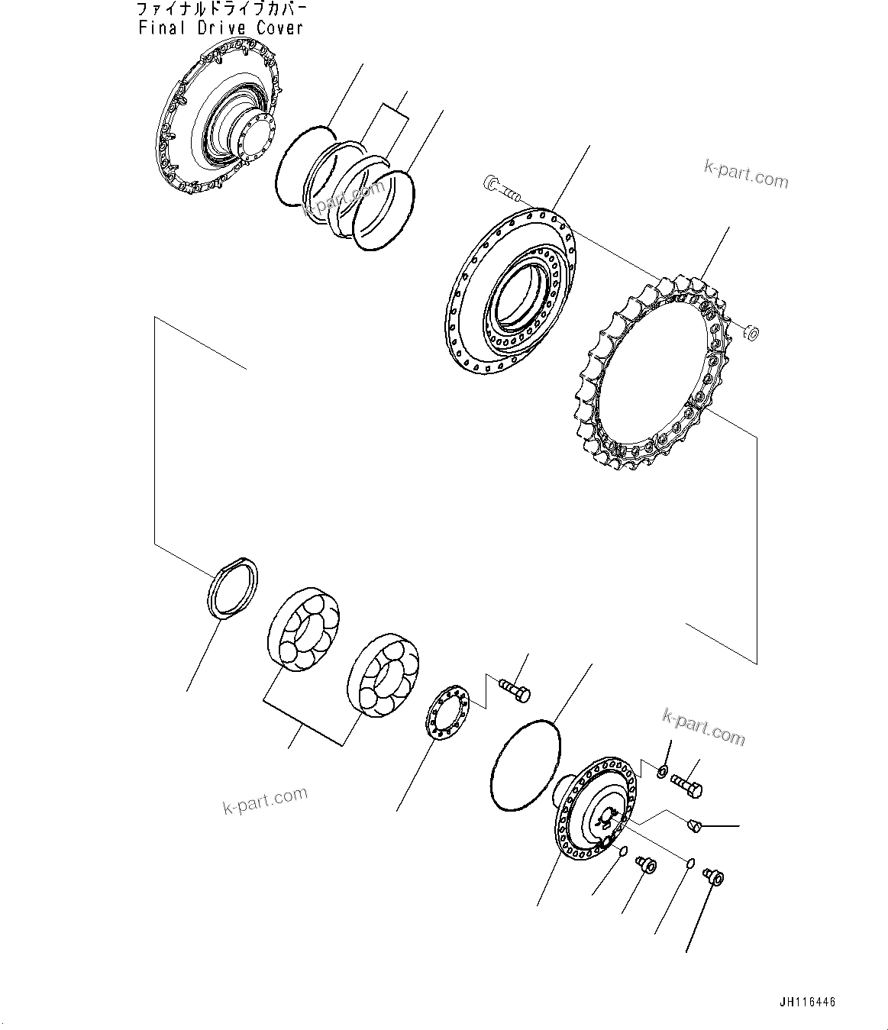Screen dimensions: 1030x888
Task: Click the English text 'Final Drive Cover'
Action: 221,28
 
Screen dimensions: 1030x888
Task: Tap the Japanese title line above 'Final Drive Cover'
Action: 222,10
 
